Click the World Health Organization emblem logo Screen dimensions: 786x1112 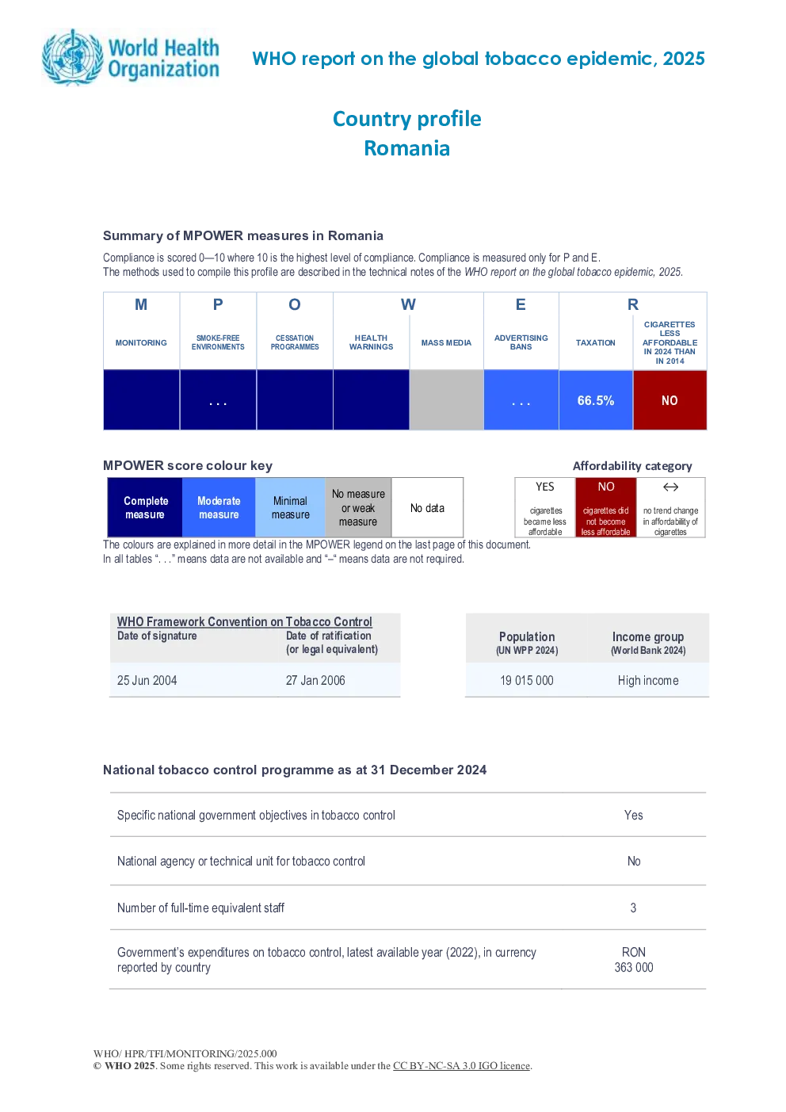pos(73,57)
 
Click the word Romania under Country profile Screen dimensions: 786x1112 pos(407,148)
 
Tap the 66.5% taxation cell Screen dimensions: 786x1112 pos(596,400)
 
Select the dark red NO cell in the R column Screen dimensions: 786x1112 pos(670,400)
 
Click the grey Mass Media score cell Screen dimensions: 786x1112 pos(447,400)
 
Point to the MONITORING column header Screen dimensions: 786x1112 pos(141,343)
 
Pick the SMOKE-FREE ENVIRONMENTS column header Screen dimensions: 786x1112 pos(218,342)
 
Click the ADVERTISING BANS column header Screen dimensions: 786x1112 pos(521,342)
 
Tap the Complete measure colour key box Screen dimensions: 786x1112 pos(145,507)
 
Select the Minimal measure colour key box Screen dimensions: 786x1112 pos(290,507)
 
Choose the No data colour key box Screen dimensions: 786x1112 pos(427,507)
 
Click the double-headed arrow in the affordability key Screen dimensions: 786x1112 pos(671,487)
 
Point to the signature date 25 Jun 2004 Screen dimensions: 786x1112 pos(147,680)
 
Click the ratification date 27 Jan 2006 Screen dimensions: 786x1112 pos(315,680)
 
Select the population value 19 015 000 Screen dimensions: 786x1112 pos(526,680)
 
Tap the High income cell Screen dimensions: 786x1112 pos(648,680)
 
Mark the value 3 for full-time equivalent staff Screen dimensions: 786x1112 pos(633,908)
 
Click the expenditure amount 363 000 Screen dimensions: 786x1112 pos(634,967)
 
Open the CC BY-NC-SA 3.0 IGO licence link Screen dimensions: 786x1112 pos(461,1066)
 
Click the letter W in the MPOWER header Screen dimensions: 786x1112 pos(408,304)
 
